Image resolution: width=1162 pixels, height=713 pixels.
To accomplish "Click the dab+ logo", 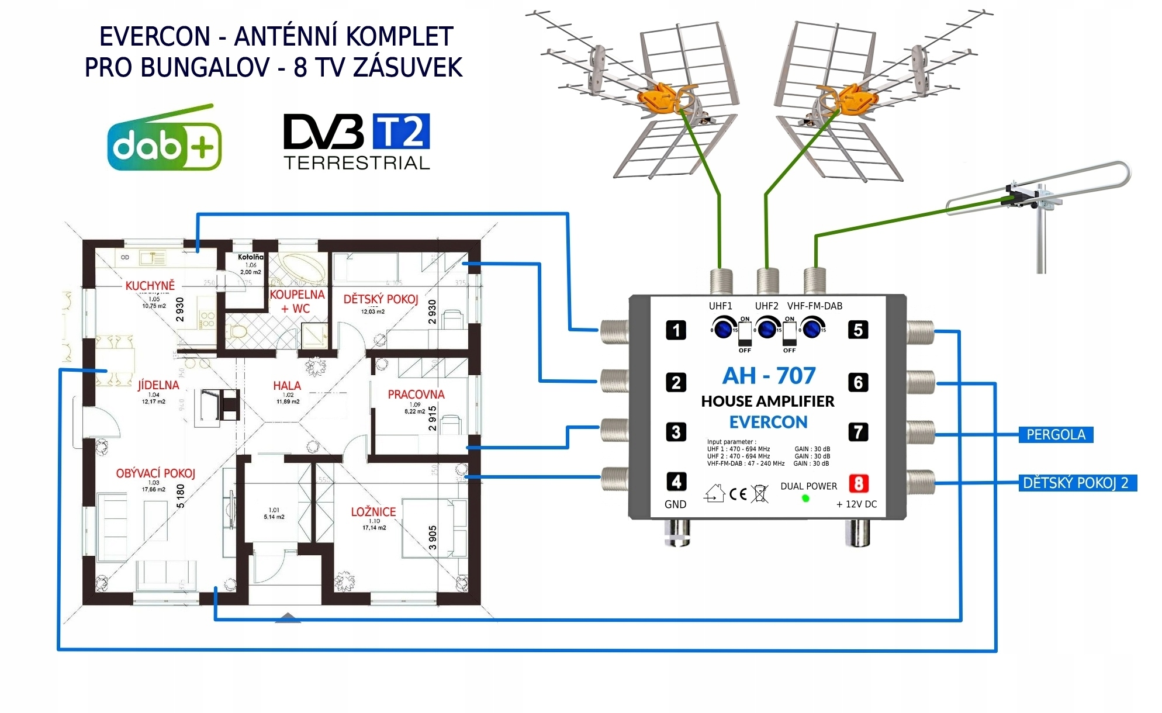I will click(x=164, y=140).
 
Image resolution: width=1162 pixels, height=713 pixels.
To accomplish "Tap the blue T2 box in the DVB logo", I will click(x=401, y=131).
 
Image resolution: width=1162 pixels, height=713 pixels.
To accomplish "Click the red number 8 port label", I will click(x=858, y=483).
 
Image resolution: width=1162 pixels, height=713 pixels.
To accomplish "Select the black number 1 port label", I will click(x=676, y=330).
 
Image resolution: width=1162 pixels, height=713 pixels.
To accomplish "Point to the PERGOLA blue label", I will click(x=1056, y=435).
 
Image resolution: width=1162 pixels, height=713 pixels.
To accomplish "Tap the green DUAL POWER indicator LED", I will click(x=805, y=499).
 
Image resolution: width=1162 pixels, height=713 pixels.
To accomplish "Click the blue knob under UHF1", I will click(x=724, y=328).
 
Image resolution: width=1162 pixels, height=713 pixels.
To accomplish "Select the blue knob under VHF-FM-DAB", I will click(x=811, y=328).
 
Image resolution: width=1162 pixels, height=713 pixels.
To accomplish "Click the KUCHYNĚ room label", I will click(x=150, y=286).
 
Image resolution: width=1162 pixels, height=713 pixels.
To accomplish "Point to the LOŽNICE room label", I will click(x=373, y=512).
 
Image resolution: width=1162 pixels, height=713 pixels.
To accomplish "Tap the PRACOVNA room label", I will click(x=416, y=394).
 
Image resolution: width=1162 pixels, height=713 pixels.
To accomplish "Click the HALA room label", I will click(x=287, y=386).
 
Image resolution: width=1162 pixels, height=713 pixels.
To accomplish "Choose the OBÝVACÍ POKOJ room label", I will click(x=155, y=473).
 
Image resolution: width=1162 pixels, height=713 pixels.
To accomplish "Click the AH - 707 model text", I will click(x=769, y=376).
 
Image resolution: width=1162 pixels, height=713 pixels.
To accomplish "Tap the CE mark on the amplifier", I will click(x=738, y=494).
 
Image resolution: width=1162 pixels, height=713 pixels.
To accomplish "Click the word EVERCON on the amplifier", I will click(x=768, y=422).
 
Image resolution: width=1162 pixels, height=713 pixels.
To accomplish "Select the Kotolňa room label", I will click(x=251, y=257).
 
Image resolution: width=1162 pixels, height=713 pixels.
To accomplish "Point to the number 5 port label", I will click(x=858, y=330).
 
